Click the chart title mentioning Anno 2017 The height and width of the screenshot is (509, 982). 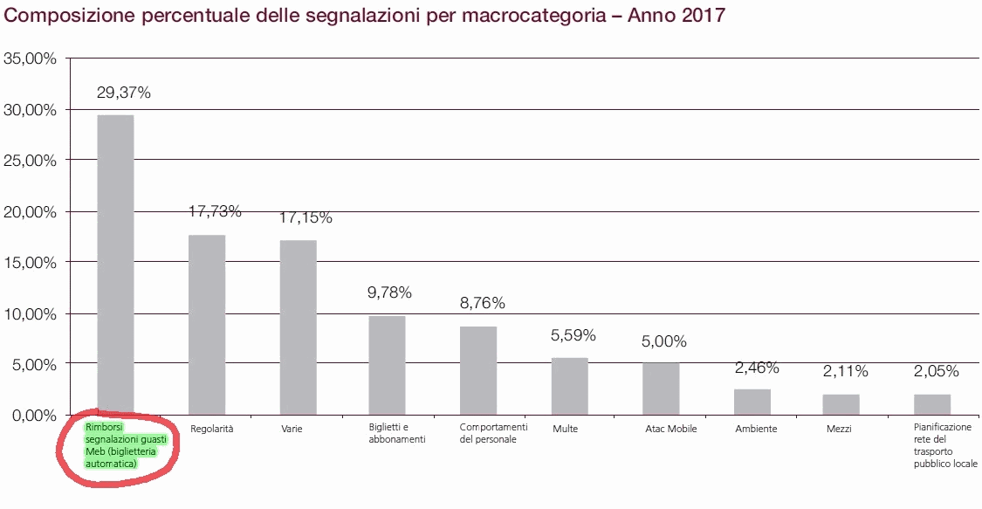point(365,16)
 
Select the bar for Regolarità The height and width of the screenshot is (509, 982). point(207,325)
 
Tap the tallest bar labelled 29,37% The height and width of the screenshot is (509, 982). point(115,265)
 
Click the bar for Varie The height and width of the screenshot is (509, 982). point(298,327)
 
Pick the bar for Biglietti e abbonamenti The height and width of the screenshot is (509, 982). point(387,365)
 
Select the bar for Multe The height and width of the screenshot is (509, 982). point(569,386)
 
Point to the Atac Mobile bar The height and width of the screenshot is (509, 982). point(661,389)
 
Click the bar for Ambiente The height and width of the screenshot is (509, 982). point(752,402)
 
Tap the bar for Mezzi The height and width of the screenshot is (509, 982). point(841,404)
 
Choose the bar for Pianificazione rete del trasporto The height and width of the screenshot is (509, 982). point(931,404)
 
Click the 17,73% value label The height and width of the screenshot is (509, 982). point(215,211)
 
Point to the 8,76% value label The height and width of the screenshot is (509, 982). point(482,304)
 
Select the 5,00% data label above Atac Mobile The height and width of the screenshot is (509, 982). point(664,341)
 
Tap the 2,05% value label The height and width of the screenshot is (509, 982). point(936,371)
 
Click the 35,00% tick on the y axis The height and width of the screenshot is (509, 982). point(30,59)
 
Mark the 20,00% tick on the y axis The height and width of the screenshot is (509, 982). point(30,212)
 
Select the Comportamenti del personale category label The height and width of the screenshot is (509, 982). point(493,433)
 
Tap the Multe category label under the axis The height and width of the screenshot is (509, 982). point(565,429)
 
